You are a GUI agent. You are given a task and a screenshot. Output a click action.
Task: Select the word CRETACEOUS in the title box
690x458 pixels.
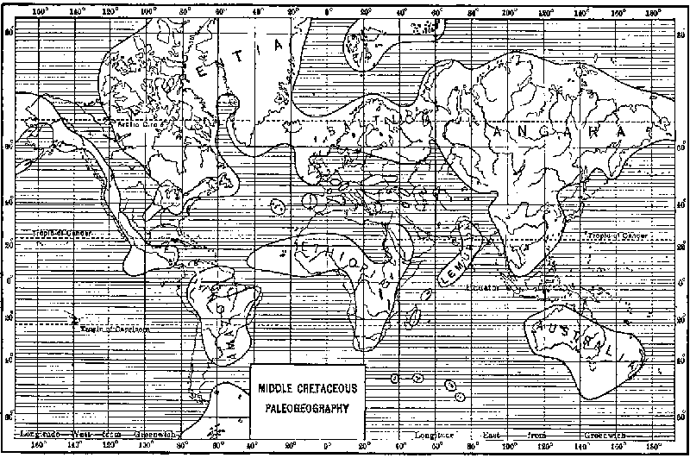pyautogui.click(x=332, y=382)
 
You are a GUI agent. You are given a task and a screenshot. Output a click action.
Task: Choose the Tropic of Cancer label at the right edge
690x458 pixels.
pyautogui.click(x=616, y=235)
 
